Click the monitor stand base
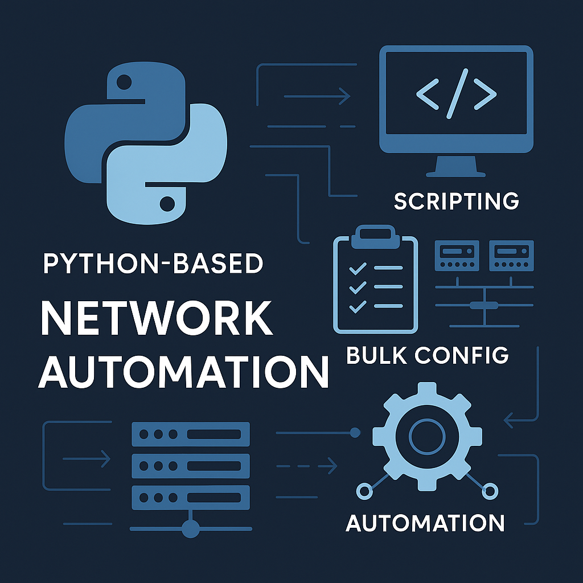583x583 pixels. [456, 173]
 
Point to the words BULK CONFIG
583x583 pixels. [427, 355]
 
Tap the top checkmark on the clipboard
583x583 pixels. [357, 268]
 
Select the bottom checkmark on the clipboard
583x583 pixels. [357, 307]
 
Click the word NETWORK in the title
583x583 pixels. [157, 319]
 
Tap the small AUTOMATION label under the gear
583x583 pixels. [425, 522]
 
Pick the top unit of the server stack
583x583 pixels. [191, 434]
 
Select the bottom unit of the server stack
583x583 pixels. [191, 497]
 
